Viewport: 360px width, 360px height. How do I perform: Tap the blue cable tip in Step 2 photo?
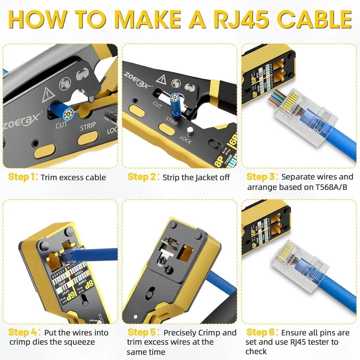pyautogui.click(x=174, y=98)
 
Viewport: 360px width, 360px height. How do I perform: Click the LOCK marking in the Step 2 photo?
pyautogui.click(x=185, y=140)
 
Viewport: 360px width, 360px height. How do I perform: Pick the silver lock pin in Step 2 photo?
pyautogui.click(x=189, y=130)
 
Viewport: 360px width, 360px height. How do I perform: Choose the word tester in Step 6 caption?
pyautogui.click(x=325, y=342)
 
